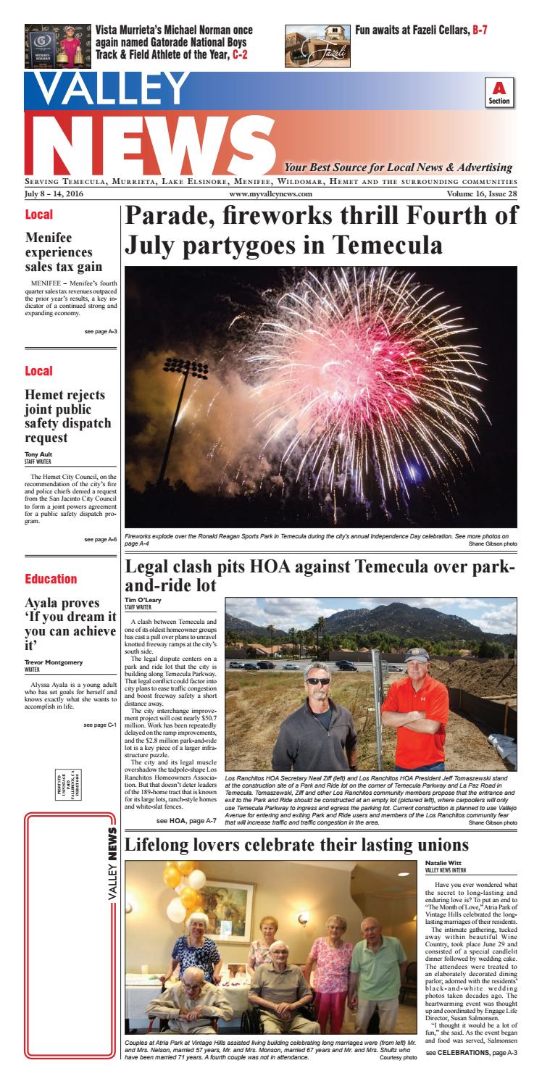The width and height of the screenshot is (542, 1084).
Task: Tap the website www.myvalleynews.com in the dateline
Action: tap(270, 194)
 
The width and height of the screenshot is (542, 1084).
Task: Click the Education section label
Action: tap(51, 579)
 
